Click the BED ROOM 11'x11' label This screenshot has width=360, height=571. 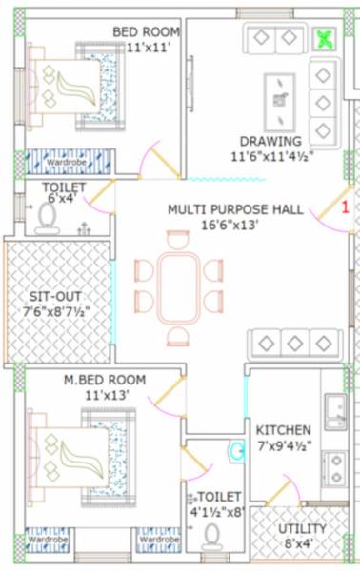pyautogui.click(x=146, y=38)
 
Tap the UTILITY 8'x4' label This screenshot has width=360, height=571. pyautogui.click(x=302, y=536)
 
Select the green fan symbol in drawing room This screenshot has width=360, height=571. pyautogui.click(x=327, y=39)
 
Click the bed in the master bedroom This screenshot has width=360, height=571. pyautogui.click(x=82, y=448)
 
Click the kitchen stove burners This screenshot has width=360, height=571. pyautogui.click(x=335, y=466)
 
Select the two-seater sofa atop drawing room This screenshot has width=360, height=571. pyautogui.click(x=275, y=39)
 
